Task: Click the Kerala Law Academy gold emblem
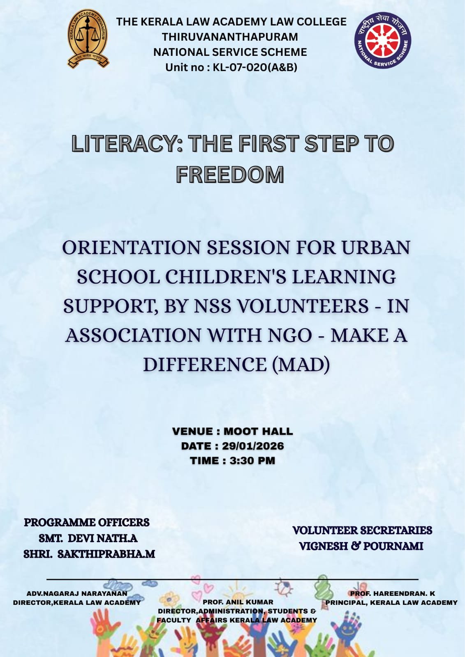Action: point(88,39)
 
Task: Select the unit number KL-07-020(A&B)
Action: point(254,67)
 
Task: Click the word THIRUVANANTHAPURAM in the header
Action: point(230,37)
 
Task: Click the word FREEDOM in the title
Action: point(230,174)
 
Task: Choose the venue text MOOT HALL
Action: point(258,432)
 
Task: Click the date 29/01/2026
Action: point(253,446)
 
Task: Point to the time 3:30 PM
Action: point(252,461)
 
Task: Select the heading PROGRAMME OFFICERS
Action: point(87,522)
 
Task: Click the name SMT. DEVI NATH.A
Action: point(88,538)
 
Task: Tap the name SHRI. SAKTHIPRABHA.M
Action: point(89,554)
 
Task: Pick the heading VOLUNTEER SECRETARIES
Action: point(362,530)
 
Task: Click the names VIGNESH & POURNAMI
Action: point(361,546)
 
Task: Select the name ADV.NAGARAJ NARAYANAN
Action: point(77,593)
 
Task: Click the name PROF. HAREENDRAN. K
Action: point(392,593)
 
